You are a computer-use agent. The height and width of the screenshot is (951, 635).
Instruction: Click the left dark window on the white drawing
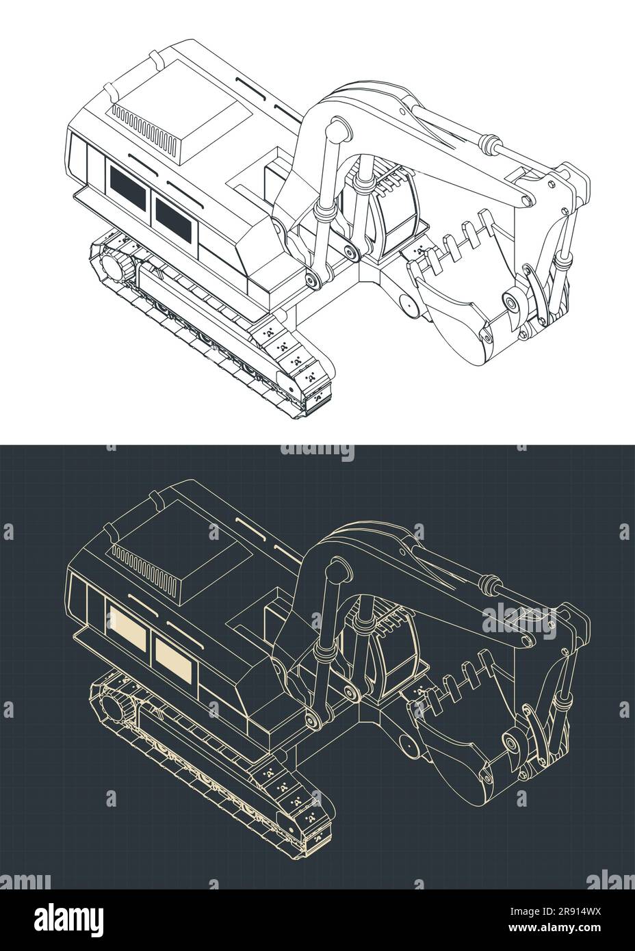click(128, 187)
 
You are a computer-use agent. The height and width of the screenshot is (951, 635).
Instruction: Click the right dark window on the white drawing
click(176, 213)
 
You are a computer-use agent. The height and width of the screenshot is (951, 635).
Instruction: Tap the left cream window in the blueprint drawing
click(128, 630)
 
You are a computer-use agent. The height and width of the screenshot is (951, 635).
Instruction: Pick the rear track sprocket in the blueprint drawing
click(114, 708)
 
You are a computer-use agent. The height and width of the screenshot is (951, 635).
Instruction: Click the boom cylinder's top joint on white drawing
click(335, 128)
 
